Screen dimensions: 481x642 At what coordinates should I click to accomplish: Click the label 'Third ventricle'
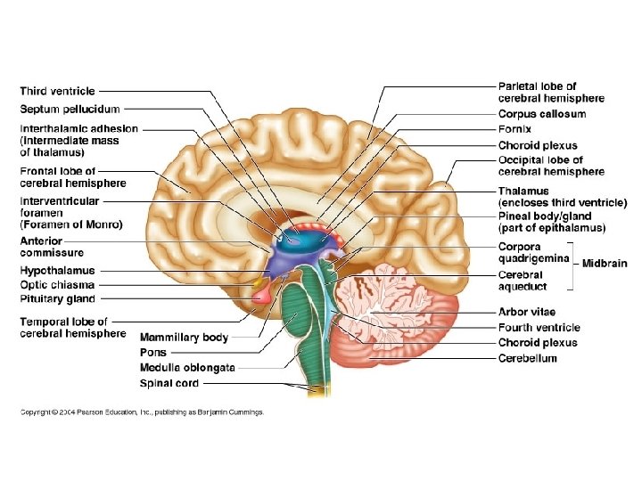click(x=57, y=91)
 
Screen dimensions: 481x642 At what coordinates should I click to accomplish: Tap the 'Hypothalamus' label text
click(x=57, y=271)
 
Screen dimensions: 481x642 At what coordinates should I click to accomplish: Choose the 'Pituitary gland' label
click(x=57, y=298)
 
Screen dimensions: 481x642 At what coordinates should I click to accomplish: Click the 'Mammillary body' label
click(x=184, y=338)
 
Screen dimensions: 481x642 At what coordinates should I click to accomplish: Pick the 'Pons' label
click(x=153, y=353)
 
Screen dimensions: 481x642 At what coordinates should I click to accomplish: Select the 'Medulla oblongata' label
click(x=187, y=368)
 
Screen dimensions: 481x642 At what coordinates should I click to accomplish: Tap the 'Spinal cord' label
click(x=169, y=383)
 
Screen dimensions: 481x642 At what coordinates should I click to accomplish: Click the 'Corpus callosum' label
click(x=541, y=114)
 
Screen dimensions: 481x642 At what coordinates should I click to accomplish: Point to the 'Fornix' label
click(x=514, y=129)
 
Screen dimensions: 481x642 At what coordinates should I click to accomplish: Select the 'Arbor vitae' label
click(x=526, y=313)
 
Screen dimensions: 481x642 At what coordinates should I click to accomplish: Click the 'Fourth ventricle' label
click(x=539, y=328)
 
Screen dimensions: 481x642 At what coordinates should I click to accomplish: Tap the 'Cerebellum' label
click(x=527, y=358)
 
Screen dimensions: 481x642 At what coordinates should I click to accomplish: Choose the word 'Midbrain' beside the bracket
click(x=605, y=264)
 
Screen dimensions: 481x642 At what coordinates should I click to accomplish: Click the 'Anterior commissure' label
click(x=54, y=247)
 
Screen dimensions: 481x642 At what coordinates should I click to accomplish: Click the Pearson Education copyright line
click(x=143, y=412)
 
